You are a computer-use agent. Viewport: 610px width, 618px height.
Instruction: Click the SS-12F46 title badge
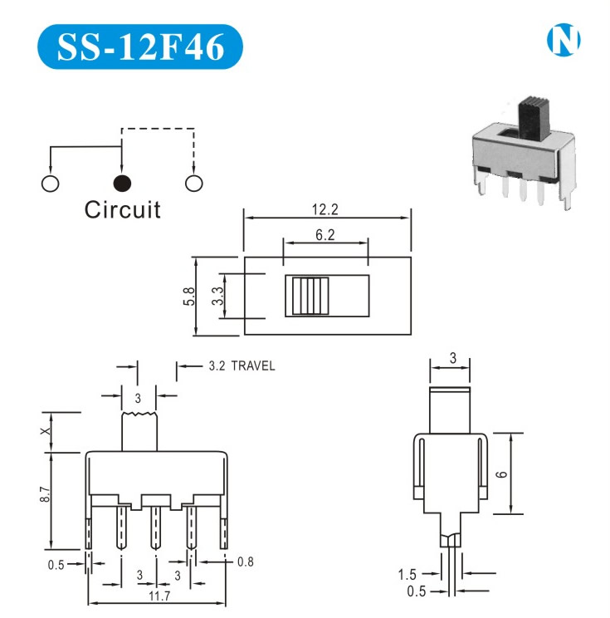click(x=140, y=47)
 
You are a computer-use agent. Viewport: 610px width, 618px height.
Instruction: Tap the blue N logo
click(x=564, y=40)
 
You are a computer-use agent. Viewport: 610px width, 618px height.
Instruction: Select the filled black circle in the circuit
click(x=122, y=184)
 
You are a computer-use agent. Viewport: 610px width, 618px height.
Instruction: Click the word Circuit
click(x=122, y=209)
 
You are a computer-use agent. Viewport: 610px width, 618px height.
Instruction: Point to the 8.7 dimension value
click(x=46, y=497)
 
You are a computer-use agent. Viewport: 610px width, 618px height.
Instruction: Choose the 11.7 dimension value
click(x=156, y=596)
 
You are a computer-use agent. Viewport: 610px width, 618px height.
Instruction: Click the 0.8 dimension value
click(x=245, y=562)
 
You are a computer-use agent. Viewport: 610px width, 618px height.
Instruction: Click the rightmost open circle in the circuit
click(x=194, y=184)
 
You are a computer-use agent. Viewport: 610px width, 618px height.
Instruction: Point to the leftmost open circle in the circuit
click(x=50, y=184)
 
